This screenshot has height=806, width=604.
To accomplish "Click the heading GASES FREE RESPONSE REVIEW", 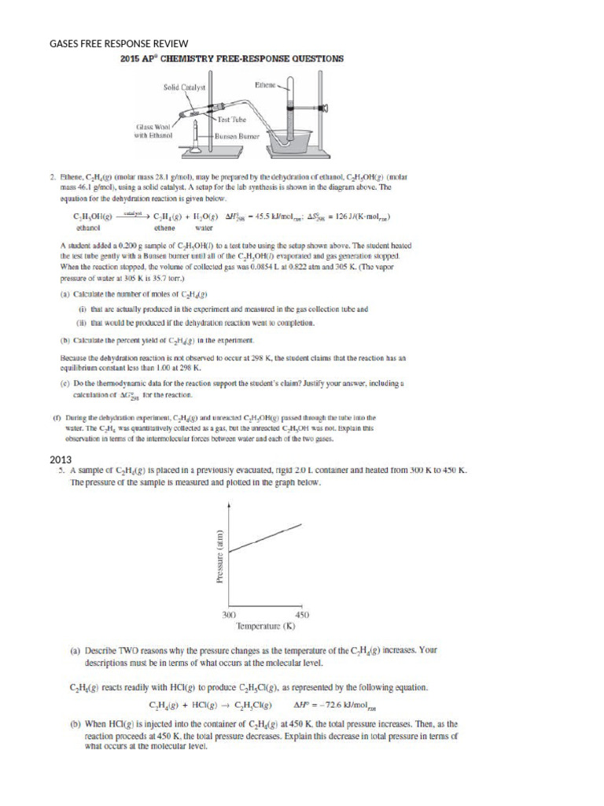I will (x=119, y=43).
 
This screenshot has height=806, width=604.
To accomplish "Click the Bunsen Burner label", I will (x=238, y=135).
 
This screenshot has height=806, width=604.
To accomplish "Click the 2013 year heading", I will (x=61, y=459).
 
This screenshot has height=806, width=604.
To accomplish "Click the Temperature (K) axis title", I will (x=266, y=627).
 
